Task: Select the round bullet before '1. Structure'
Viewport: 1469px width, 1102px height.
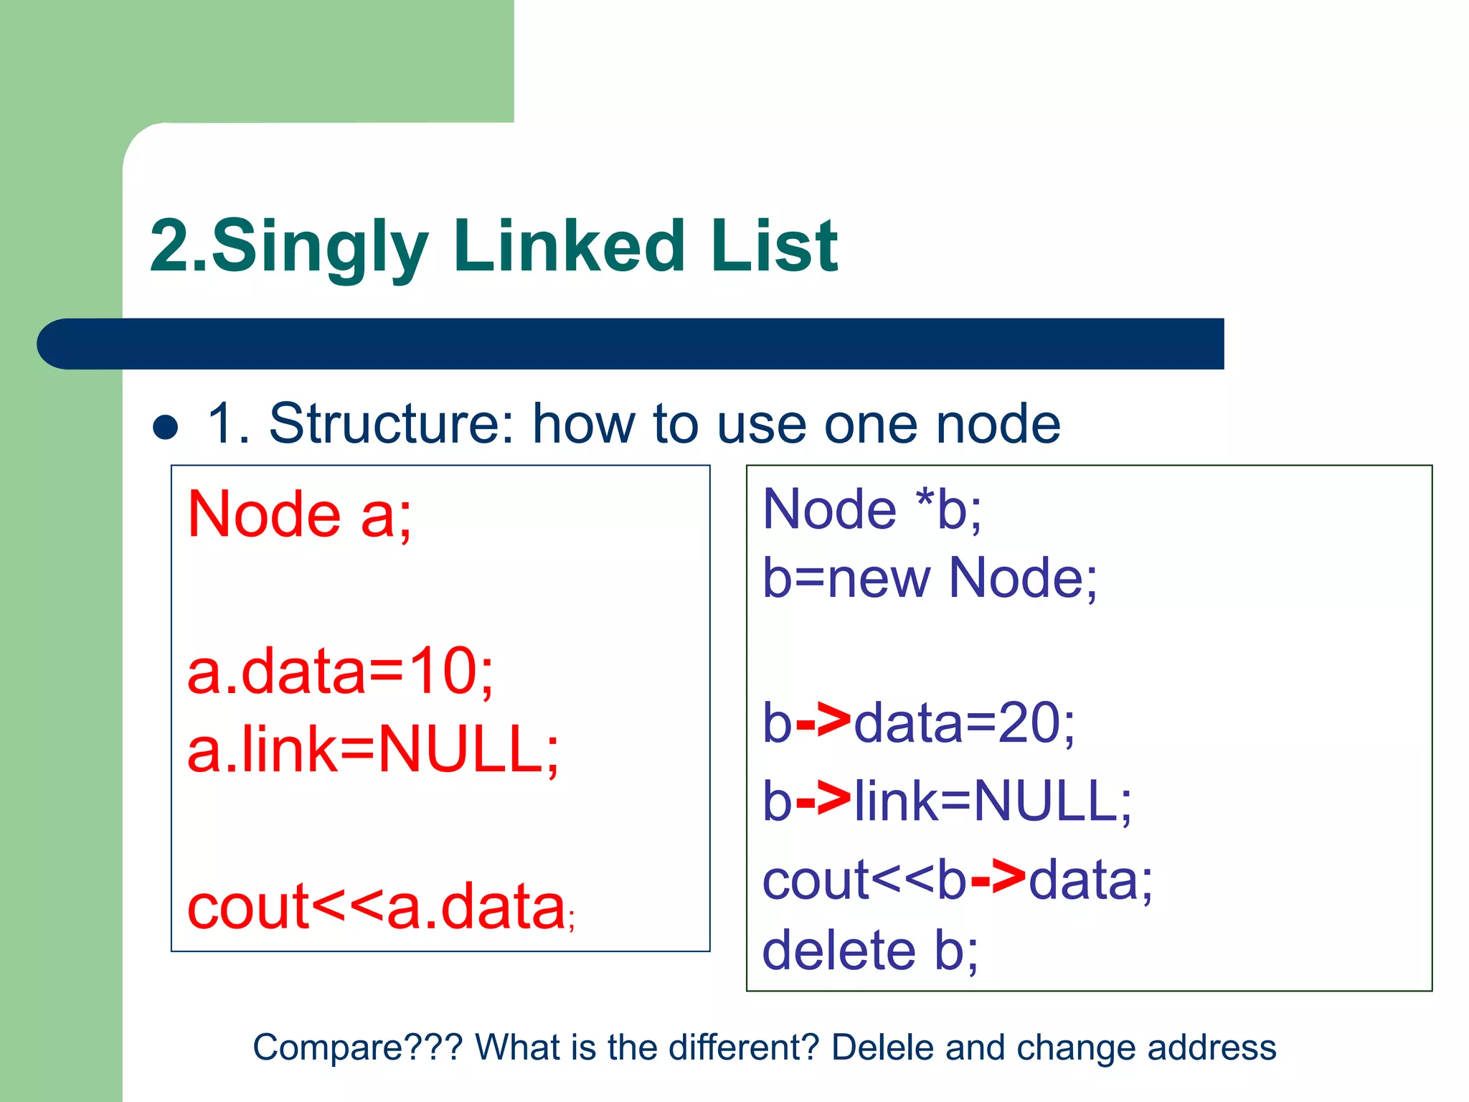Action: coord(166,427)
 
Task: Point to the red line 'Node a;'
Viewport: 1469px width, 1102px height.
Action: coord(299,514)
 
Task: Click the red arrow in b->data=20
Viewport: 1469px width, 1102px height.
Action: coord(823,722)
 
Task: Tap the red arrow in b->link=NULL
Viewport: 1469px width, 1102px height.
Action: coord(823,801)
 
